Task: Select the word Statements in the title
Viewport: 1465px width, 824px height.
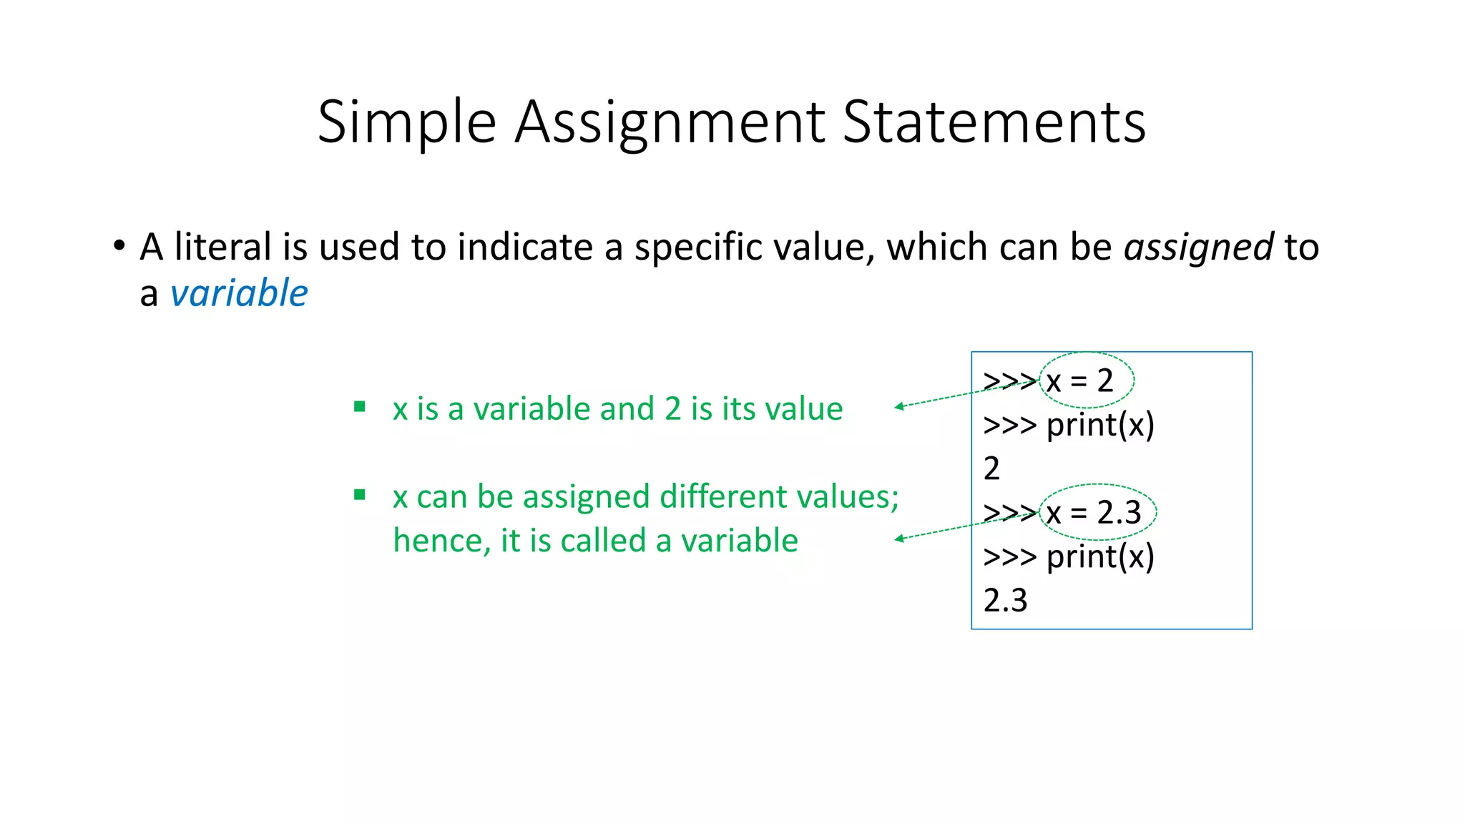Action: (994, 122)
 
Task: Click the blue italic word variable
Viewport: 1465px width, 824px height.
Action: (239, 293)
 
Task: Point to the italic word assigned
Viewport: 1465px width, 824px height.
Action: (1198, 247)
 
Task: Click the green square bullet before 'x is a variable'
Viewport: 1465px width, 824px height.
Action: (360, 407)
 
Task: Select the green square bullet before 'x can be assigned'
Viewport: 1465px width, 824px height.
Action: (360, 494)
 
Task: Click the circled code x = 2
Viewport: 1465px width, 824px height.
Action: (1080, 381)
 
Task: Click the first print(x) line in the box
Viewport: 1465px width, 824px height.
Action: (1100, 425)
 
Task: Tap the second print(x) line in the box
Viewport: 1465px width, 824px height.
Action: (1100, 556)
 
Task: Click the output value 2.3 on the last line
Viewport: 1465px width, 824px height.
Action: (1005, 600)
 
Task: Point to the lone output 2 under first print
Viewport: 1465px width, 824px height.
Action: (991, 469)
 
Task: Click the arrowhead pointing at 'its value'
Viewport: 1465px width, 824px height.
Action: (898, 407)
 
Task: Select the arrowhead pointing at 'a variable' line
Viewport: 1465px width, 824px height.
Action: (898, 539)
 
